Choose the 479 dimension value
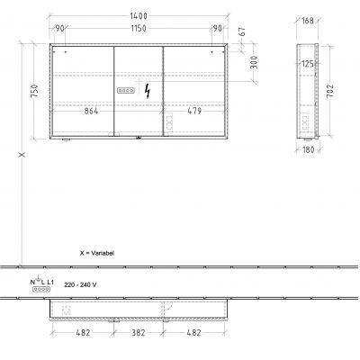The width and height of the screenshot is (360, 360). pos(194,111)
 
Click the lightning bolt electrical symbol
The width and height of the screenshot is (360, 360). pos(148,93)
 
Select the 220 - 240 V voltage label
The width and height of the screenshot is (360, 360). pos(74,283)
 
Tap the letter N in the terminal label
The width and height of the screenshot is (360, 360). pos(34,283)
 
